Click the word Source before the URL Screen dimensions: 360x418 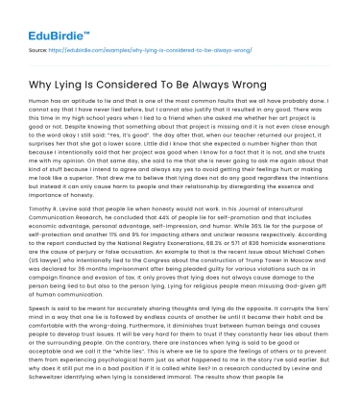[x=39, y=45]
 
